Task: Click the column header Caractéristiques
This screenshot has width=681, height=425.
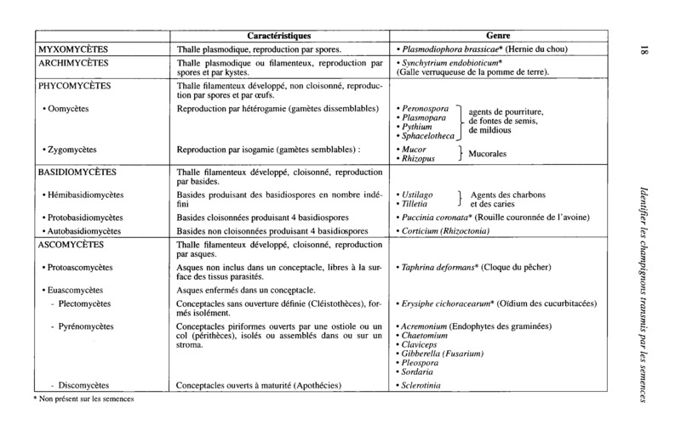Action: tap(279, 36)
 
